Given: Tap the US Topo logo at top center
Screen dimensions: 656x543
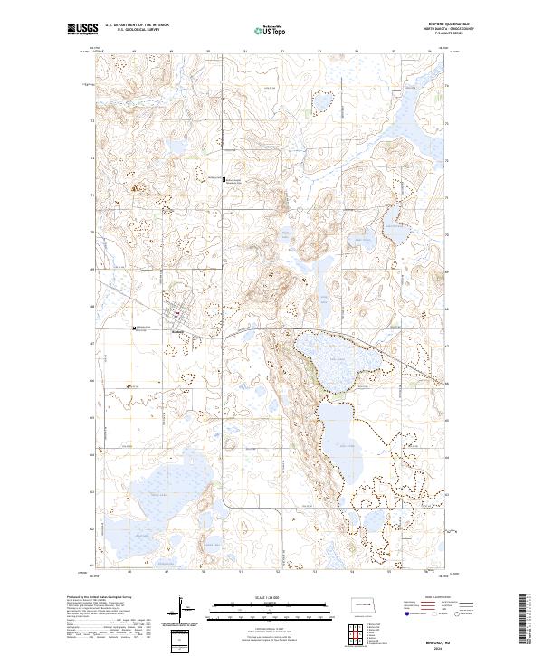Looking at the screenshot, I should pos(271,30).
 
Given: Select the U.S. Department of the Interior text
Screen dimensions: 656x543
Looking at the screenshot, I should pos(137,25).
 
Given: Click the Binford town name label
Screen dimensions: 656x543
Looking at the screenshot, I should pos(177,330).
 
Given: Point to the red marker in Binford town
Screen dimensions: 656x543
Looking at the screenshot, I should pos(177,315).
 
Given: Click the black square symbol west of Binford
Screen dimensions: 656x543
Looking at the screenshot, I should pos(135,328).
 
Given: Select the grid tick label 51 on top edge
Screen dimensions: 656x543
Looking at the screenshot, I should pos(245,52).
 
